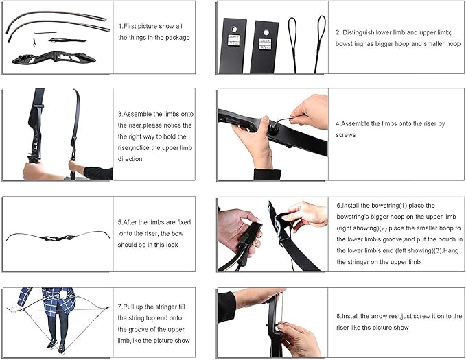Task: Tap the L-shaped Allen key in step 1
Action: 44,31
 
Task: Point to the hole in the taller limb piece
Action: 234,29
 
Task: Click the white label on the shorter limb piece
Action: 264,44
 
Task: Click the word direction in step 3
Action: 130,159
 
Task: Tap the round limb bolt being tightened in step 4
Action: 273,130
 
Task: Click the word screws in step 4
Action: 345,135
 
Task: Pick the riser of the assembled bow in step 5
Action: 58,238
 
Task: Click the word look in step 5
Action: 172,245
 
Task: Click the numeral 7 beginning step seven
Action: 119,307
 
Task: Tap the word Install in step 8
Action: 350,316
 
